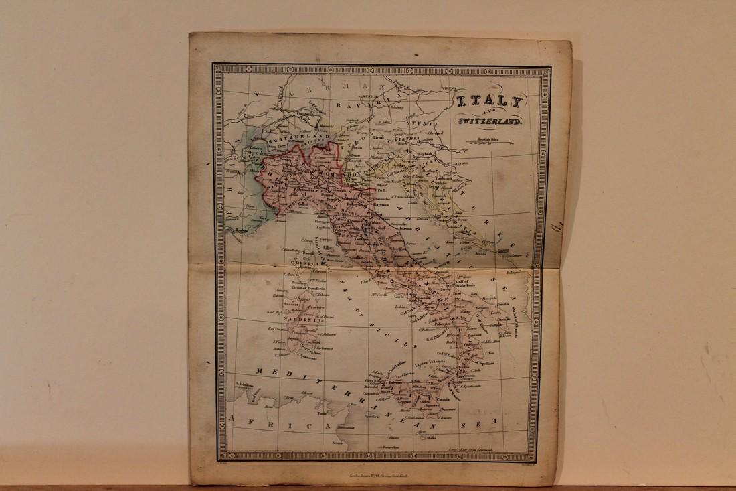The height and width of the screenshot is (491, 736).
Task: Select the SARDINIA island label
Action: click(x=305, y=320)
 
